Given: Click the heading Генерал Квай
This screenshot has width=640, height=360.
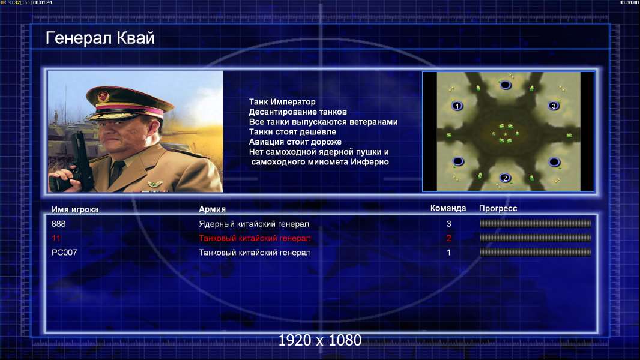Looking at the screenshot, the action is tap(100, 38).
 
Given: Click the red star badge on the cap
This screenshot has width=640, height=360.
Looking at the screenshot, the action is tap(103, 96).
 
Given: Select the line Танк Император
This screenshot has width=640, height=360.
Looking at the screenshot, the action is tap(282, 102).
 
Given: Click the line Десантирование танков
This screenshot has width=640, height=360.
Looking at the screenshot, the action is tap(298, 112).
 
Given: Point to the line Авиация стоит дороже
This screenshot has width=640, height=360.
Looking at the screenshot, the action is tap(295, 142).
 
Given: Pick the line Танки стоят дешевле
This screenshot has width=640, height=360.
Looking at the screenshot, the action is tap(292, 131).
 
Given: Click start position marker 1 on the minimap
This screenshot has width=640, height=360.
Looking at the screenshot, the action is tap(457, 106).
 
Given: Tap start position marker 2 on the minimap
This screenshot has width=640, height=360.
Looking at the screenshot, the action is tap(506, 178).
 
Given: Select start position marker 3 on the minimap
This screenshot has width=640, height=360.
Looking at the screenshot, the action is tap(554, 106).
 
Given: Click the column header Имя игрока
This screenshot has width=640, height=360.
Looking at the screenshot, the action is tap(74, 209).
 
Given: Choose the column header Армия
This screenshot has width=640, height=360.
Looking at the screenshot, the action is tap(213, 209).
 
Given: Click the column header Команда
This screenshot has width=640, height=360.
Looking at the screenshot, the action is tap(448, 208).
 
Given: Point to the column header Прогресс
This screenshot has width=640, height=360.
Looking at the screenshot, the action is tap(498, 208).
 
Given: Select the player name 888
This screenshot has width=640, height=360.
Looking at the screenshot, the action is tap(58, 224).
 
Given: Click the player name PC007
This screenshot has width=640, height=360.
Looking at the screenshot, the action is tap(64, 253).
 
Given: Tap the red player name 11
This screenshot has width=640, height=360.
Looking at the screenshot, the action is tap(56, 238).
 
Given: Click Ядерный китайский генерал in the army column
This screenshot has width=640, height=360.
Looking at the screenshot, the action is tap(254, 224).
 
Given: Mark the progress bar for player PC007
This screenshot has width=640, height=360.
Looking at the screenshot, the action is tap(536, 253).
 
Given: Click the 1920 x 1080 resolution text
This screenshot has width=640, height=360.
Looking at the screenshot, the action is tap(320, 340).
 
